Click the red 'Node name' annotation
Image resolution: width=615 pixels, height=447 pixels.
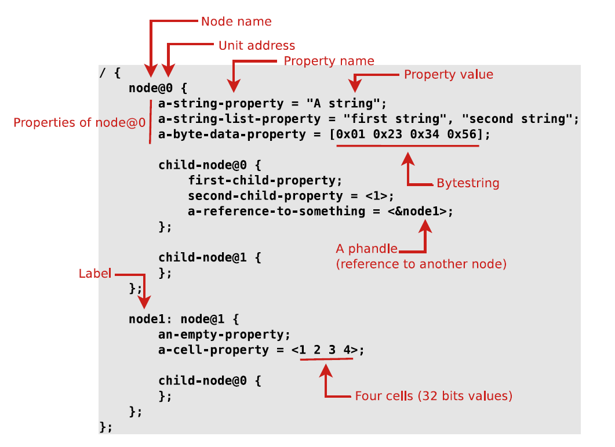[236, 21]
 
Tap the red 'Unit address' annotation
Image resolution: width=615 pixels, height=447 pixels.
[257, 46]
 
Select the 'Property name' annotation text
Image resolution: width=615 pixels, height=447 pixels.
[329, 61]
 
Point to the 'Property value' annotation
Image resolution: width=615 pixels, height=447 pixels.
[448, 75]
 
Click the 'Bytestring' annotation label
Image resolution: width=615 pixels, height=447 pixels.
[468, 183]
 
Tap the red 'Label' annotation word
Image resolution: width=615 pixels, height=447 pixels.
[95, 274]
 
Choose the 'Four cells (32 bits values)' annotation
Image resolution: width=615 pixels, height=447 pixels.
[434, 396]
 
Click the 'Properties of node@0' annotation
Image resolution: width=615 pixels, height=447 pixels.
[79, 122]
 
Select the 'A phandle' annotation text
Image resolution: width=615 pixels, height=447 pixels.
[367, 249]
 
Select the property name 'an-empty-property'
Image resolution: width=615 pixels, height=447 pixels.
[221, 335]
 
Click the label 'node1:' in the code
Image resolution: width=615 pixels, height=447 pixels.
[150, 319]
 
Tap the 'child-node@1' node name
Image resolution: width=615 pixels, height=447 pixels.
[202, 257]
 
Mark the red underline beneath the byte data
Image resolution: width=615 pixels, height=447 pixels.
[407, 146]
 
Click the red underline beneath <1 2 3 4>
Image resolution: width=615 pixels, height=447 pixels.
[326, 359]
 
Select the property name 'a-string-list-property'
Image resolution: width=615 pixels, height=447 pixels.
[239, 119]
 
